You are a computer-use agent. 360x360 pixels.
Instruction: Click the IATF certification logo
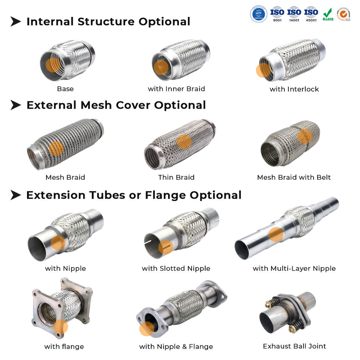pos(258,14)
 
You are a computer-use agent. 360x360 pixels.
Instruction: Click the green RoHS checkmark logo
pos(328,14)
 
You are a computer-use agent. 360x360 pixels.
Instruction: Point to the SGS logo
pos(343,14)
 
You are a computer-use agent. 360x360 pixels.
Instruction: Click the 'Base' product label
pos(65,89)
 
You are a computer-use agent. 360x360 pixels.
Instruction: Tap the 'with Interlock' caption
pos(294,89)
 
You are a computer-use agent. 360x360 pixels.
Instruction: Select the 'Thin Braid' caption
pos(176,177)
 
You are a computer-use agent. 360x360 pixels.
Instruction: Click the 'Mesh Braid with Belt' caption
pos(294,177)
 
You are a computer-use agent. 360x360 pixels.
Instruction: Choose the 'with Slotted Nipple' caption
pos(176,268)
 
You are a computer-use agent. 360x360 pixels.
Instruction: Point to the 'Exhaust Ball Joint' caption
pos(294,346)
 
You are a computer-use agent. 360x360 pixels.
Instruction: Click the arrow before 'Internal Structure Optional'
pos(15,22)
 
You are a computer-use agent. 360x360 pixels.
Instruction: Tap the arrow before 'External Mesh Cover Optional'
pos(15,105)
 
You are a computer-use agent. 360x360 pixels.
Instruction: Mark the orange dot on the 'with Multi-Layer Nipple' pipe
pos(276,234)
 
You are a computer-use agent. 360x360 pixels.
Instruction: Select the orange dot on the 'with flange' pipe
pos(60,327)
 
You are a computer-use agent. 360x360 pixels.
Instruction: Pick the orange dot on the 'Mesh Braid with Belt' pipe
pos(304,136)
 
